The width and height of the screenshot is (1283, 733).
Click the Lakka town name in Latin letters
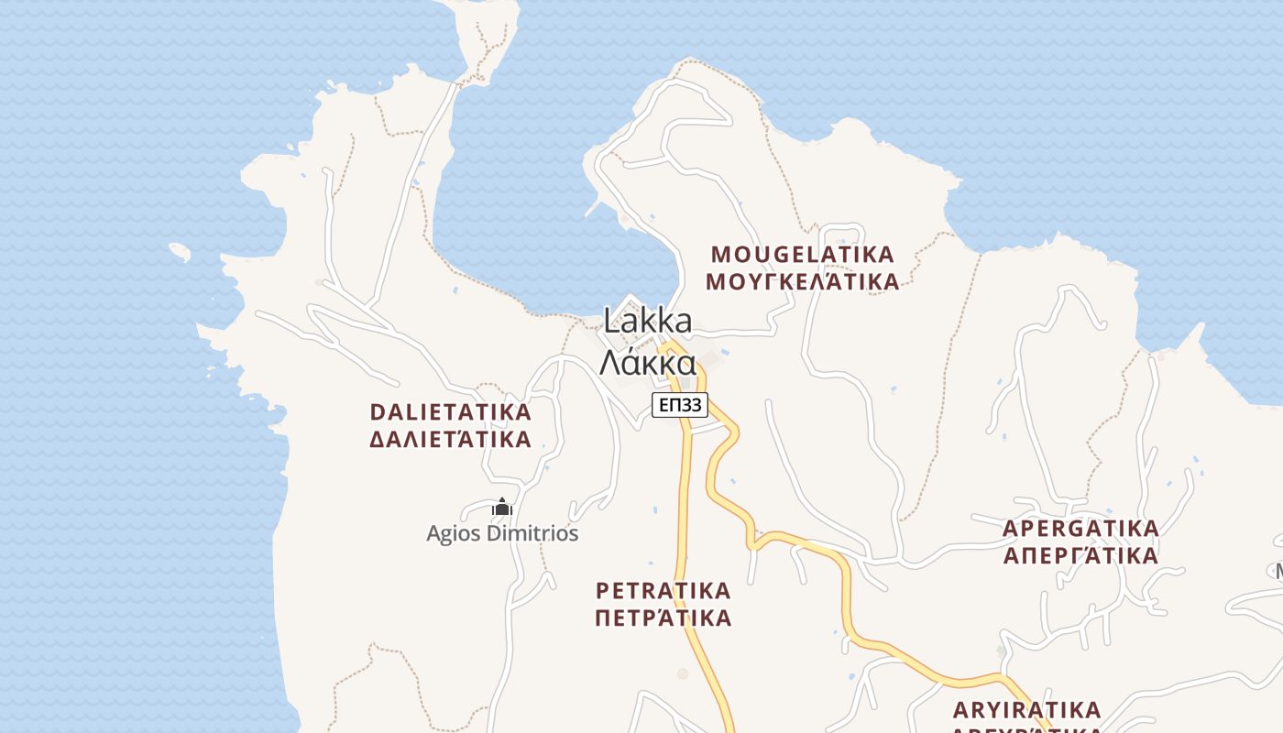[x=647, y=322]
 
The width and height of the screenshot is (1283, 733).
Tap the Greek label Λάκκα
[x=647, y=362]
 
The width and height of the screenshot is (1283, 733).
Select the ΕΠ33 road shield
[x=680, y=404]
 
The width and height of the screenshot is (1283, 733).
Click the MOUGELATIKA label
[x=803, y=254]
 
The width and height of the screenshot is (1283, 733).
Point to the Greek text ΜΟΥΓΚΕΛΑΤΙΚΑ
[x=803, y=281]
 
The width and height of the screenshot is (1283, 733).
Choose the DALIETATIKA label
[x=450, y=411]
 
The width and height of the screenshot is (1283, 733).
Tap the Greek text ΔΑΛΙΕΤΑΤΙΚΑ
[x=450, y=439]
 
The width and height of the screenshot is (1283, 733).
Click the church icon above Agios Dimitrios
[x=501, y=507]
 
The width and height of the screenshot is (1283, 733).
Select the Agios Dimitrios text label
[x=502, y=533]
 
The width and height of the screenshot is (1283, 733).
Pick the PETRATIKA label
[x=663, y=589]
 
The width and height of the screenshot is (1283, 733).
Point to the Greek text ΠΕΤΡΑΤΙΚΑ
[x=663, y=618]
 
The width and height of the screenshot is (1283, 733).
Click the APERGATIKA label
[x=1080, y=529]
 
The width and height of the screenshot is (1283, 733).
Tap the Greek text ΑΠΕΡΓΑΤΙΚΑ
[x=1080, y=556]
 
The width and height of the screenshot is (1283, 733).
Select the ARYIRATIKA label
[x=1026, y=710]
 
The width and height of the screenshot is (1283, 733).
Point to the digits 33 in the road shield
[x=693, y=404]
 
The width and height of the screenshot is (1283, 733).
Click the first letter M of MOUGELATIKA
[x=720, y=254]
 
